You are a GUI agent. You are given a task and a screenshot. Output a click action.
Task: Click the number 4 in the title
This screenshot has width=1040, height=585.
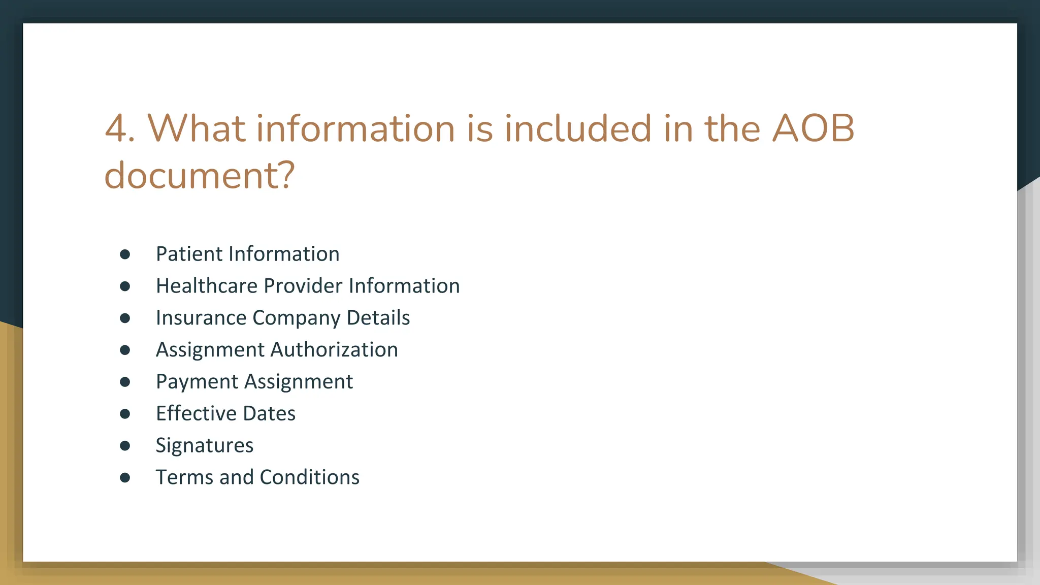click(x=117, y=128)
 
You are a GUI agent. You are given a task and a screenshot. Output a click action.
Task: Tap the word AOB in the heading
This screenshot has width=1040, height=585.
click(x=813, y=128)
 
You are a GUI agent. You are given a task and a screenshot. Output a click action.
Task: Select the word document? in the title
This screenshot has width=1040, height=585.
click(x=200, y=175)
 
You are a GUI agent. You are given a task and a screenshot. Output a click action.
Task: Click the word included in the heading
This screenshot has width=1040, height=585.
click(x=578, y=128)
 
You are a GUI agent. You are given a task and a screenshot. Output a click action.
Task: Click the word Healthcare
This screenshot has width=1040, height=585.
click(x=206, y=286)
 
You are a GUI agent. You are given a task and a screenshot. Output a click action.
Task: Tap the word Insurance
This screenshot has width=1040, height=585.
click(x=201, y=318)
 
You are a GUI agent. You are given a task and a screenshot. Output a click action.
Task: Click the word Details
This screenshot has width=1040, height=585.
click(x=378, y=318)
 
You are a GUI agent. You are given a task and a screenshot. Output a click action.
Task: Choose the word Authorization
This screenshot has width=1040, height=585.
click(x=334, y=350)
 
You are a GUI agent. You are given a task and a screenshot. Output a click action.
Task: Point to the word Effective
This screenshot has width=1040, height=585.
click(x=196, y=413)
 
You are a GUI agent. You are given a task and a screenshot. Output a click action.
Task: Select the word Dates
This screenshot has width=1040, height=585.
click(x=269, y=413)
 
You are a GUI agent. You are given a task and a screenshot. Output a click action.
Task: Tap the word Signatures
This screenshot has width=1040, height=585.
click(x=205, y=446)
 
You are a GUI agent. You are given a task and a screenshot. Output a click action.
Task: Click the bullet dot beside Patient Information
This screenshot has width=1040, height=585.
click(x=125, y=254)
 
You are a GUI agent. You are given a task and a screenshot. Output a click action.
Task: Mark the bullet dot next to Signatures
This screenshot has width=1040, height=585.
click(x=125, y=446)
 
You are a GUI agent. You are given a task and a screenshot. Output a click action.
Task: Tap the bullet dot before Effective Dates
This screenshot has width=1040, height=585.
click(x=125, y=414)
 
